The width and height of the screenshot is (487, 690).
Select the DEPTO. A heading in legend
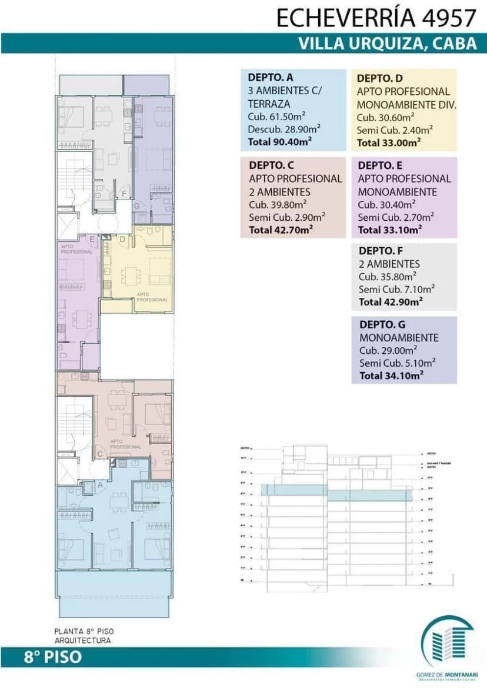tap(271, 77)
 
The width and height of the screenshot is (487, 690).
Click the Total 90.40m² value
tap(280, 141)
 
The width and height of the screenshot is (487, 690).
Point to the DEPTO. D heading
tap(380, 78)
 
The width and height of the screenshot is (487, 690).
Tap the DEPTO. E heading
tap(380, 165)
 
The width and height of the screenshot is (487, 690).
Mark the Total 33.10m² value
tap(389, 230)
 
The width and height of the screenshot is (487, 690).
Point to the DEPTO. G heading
tap(382, 324)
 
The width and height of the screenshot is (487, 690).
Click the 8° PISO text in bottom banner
tap(53, 657)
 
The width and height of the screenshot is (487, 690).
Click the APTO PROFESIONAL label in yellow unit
tap(152, 297)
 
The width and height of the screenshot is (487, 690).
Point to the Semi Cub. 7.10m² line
tap(396, 289)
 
